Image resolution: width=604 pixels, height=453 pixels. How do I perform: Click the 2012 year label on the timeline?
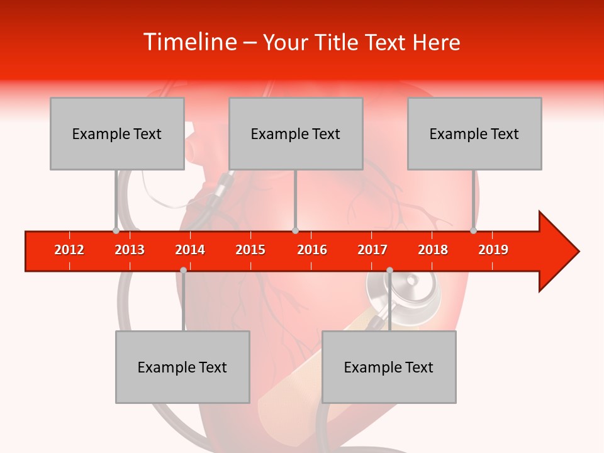pyautogui.click(x=69, y=250)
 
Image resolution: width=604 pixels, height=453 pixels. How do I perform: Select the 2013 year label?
pyautogui.click(x=130, y=250)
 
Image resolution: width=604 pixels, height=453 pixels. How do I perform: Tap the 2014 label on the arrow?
pyautogui.click(x=190, y=250)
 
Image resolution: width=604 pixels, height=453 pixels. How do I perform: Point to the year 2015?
pyautogui.click(x=250, y=250)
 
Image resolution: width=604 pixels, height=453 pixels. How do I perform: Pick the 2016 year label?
pyautogui.click(x=312, y=250)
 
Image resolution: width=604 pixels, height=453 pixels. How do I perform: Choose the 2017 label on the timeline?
pyautogui.click(x=372, y=250)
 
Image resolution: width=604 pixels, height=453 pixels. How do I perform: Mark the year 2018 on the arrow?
pyautogui.click(x=433, y=250)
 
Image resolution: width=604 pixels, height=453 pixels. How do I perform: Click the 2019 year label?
pyautogui.click(x=493, y=250)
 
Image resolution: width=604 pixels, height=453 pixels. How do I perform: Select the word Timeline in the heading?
pyautogui.click(x=189, y=42)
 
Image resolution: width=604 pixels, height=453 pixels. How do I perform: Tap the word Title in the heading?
pyautogui.click(x=337, y=42)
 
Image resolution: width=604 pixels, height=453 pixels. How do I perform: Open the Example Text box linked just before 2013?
pyautogui.click(x=117, y=133)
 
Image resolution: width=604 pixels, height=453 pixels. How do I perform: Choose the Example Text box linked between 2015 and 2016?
pyautogui.click(x=296, y=133)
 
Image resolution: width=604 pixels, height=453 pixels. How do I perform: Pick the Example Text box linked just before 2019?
pyautogui.click(x=474, y=133)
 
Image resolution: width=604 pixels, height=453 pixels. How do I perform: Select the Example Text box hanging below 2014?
pyautogui.click(x=182, y=367)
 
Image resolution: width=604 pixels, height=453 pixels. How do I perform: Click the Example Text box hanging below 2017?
pyautogui.click(x=389, y=367)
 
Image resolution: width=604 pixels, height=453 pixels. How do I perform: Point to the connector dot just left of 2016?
pyautogui.click(x=295, y=231)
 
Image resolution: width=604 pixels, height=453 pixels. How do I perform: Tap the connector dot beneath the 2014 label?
pyautogui.click(x=183, y=270)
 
